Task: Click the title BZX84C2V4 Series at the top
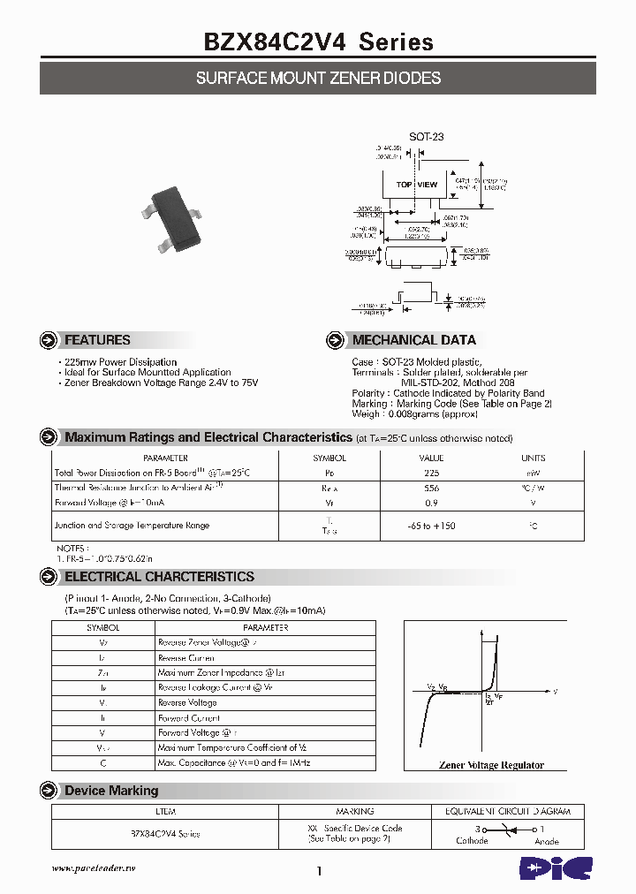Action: [x=319, y=42]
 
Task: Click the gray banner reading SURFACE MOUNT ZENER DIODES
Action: [x=318, y=79]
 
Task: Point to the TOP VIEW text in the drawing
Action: [x=416, y=185]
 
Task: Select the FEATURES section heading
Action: [x=97, y=340]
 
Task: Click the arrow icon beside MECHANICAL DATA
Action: [x=335, y=340]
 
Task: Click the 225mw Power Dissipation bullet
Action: [x=119, y=362]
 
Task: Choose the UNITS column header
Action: [x=534, y=458]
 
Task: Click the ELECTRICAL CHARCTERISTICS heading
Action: [x=159, y=577]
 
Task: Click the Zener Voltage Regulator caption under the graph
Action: [x=491, y=765]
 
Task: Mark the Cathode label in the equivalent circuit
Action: [x=472, y=841]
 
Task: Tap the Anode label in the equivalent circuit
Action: [x=547, y=841]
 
